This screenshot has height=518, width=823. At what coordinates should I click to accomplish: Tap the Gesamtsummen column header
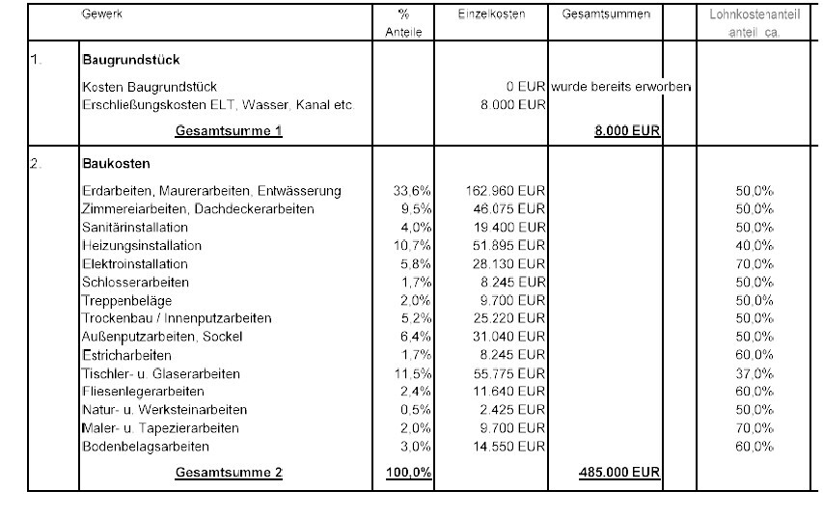(x=606, y=14)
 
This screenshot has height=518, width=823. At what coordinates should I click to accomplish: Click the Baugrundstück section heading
(x=131, y=60)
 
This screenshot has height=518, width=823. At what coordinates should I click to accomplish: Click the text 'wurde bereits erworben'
(x=621, y=87)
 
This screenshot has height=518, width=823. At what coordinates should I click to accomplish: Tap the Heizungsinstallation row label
(x=142, y=246)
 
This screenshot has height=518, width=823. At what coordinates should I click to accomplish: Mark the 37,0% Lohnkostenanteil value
(x=754, y=373)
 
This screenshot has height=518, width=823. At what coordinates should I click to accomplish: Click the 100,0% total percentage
(x=410, y=473)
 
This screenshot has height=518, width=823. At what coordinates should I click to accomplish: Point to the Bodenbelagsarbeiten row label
(x=145, y=447)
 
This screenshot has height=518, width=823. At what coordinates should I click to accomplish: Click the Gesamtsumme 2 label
(x=229, y=473)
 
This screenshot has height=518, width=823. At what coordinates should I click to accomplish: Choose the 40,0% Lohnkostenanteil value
(x=754, y=246)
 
